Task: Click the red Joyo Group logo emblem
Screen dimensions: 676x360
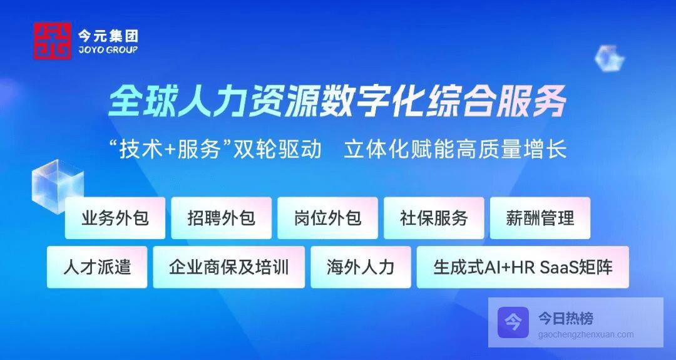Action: [x=53, y=41]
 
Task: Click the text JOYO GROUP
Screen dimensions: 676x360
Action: [x=108, y=49]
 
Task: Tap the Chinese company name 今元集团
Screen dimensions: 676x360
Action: [x=108, y=35]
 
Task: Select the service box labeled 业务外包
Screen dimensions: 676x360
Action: [x=115, y=218]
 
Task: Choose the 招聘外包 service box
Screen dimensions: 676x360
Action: [x=221, y=218]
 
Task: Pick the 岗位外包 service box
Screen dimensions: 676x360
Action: [x=327, y=218]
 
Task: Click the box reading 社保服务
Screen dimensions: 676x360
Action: [x=434, y=218]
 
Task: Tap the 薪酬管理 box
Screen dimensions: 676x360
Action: [x=540, y=218]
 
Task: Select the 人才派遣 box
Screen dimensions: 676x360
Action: [x=97, y=267]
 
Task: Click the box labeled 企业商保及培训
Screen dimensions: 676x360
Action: [x=229, y=267]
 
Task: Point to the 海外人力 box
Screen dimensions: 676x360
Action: [x=361, y=267]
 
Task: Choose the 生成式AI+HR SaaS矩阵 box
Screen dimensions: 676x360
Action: [x=523, y=267]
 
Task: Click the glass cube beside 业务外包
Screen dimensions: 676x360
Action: [x=57, y=185]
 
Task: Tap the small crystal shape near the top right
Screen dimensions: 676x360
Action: [x=609, y=58]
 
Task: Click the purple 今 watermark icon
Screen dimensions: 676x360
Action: [x=513, y=322]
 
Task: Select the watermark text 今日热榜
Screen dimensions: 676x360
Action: [x=565, y=319]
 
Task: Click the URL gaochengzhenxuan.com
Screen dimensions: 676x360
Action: [x=586, y=334]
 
